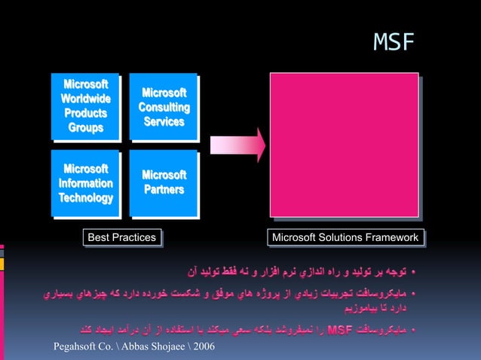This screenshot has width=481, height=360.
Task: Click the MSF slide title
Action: click(x=394, y=43)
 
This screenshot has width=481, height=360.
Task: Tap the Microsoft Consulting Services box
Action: click(x=164, y=106)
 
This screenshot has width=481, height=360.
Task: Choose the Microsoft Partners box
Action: click(x=164, y=183)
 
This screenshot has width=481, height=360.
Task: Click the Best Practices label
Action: click(x=122, y=238)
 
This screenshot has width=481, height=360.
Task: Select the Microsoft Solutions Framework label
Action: click(x=345, y=238)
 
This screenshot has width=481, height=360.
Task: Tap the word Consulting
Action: click(x=164, y=107)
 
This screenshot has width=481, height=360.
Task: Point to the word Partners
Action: click(x=164, y=190)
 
